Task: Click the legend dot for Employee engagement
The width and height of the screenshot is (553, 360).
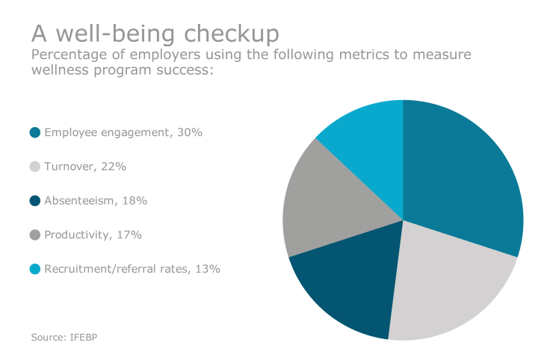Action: [34, 132]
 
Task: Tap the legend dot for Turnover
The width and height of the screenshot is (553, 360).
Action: [34, 167]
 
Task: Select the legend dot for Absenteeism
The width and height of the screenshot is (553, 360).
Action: [34, 201]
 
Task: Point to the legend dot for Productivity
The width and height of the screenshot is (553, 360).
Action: [34, 235]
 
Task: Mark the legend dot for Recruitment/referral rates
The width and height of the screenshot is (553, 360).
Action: [34, 269]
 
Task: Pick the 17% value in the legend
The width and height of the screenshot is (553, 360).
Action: [129, 235]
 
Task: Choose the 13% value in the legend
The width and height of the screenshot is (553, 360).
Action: [207, 269]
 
